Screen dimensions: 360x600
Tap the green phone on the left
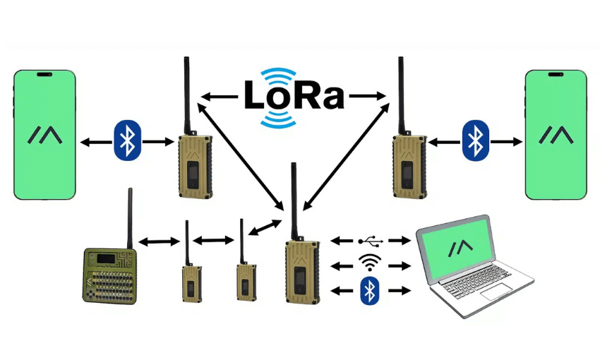(x=44, y=134)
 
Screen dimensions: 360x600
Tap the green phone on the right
(x=556, y=134)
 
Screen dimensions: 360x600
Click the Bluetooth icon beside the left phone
(x=127, y=140)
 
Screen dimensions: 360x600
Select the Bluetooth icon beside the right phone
(x=474, y=140)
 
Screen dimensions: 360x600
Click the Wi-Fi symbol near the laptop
(x=368, y=264)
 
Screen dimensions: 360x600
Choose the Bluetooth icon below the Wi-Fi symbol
(x=368, y=291)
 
